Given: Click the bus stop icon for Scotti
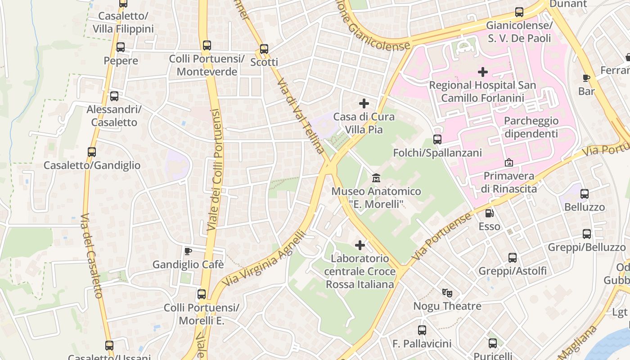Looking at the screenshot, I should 264,49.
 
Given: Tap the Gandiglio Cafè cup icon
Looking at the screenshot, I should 188,251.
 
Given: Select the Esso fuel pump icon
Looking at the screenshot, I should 489,213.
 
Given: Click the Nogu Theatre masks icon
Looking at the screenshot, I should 447,293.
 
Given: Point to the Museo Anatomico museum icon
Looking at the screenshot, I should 376,178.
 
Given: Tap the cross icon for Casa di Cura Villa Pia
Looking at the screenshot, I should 364,104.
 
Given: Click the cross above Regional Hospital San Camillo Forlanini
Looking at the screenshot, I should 482,72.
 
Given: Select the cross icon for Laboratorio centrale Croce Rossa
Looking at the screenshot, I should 360,245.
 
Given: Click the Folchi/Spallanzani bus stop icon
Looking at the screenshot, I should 437,139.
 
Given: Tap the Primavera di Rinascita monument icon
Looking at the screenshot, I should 509,162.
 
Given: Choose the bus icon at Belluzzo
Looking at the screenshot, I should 584,194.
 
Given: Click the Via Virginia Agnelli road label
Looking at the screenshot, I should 265,259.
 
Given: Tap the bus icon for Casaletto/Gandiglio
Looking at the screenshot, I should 92,152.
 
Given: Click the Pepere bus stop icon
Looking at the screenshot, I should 120,47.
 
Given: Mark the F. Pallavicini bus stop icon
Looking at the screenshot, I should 422,330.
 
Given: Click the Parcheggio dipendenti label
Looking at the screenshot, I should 531,127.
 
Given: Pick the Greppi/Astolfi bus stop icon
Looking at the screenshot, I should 513,258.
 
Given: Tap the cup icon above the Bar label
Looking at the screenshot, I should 586,78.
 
